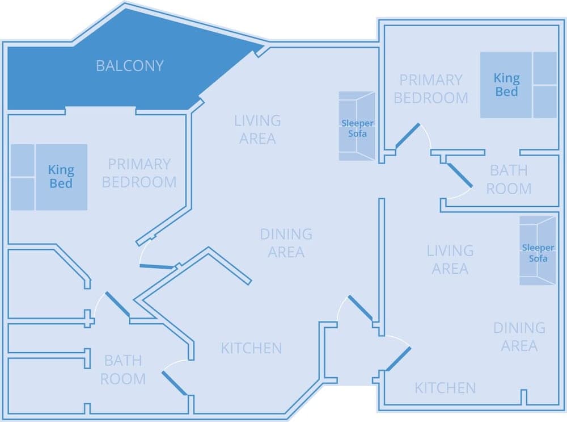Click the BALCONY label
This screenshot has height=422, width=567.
[x=129, y=66]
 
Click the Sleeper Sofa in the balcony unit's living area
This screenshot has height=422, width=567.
[x=357, y=126]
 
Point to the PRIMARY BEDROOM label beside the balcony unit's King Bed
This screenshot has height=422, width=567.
[x=139, y=173]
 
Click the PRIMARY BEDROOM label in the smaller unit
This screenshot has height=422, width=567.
[x=431, y=89]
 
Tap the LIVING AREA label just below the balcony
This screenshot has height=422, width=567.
[x=257, y=129]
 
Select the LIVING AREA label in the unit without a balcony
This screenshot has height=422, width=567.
[x=450, y=259]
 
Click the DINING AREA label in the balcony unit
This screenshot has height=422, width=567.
[x=286, y=243]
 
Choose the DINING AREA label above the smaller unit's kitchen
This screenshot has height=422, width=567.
[x=519, y=336]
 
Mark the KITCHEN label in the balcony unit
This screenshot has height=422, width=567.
[x=251, y=348]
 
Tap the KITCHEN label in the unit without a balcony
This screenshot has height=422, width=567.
[x=445, y=388]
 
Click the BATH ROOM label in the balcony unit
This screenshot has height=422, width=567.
[x=123, y=369]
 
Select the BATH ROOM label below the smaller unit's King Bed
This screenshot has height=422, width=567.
[x=509, y=179]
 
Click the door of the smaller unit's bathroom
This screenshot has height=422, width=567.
[x=460, y=176]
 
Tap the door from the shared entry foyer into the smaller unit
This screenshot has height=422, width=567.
[x=398, y=358]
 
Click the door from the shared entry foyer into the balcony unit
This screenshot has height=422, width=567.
[x=360, y=308]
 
